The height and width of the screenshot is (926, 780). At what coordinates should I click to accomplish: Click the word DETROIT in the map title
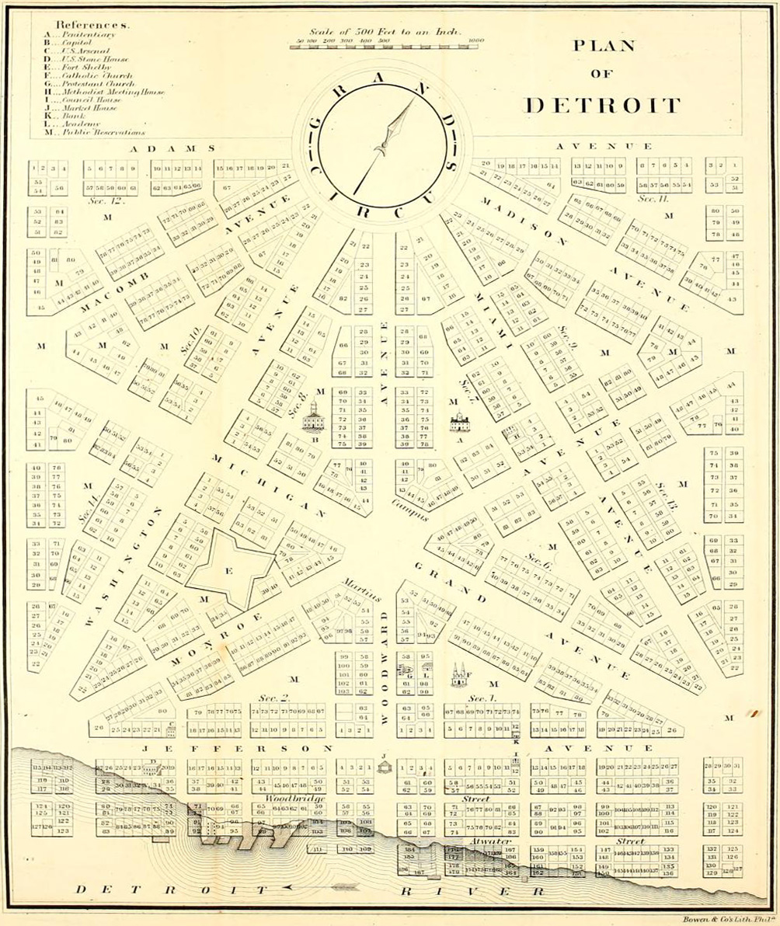(602, 105)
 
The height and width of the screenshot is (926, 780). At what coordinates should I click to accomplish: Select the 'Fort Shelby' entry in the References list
(79, 68)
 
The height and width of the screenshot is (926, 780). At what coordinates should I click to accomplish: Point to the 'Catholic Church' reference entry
(87, 76)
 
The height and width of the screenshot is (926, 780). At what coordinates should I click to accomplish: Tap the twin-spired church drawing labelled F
(458, 676)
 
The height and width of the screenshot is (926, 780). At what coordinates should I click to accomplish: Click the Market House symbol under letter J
(383, 767)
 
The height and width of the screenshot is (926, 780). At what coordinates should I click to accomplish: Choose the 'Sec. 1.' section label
(482, 698)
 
